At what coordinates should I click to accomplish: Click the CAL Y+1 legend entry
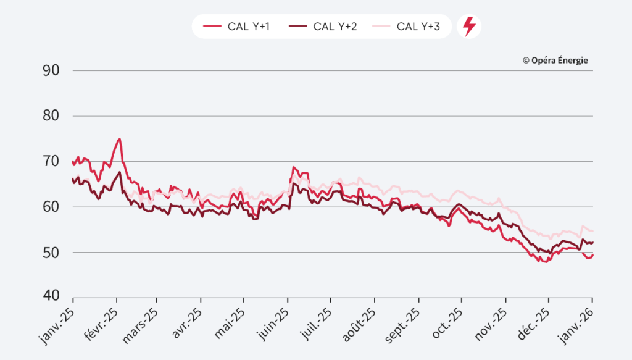click(x=236, y=27)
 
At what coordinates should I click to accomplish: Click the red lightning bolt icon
click(x=469, y=27)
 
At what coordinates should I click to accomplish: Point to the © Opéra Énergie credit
click(x=555, y=60)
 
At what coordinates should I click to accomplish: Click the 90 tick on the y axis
click(x=51, y=70)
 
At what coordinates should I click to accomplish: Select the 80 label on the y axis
click(x=51, y=116)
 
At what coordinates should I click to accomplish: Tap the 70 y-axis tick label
click(x=51, y=161)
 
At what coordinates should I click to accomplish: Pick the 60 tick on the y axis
click(x=51, y=207)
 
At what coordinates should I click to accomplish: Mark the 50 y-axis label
click(x=51, y=252)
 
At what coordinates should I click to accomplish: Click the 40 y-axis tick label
click(x=51, y=296)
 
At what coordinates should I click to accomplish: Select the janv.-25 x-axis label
click(x=57, y=320)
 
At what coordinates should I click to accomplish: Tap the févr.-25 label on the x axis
click(x=101, y=320)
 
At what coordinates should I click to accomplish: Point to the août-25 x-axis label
click(x=358, y=320)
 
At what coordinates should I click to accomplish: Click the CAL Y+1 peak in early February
click(x=119, y=139)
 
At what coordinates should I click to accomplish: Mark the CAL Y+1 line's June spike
click(x=294, y=167)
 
